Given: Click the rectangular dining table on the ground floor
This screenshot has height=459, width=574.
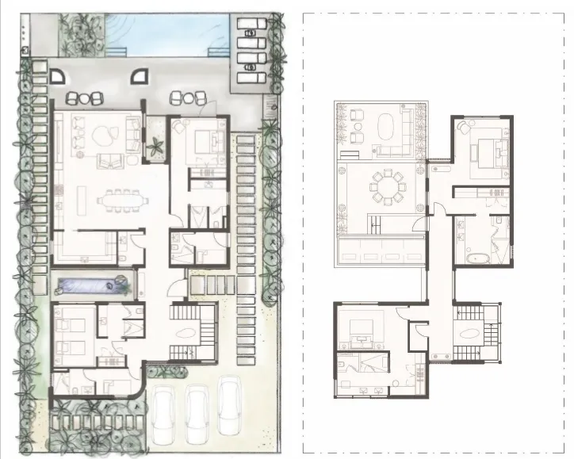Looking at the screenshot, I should point(123,201).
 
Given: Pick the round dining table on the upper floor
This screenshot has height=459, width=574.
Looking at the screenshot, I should point(388,187).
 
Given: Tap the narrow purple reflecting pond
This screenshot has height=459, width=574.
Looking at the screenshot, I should point(93,284).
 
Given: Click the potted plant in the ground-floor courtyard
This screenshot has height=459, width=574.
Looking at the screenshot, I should point(155,143).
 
